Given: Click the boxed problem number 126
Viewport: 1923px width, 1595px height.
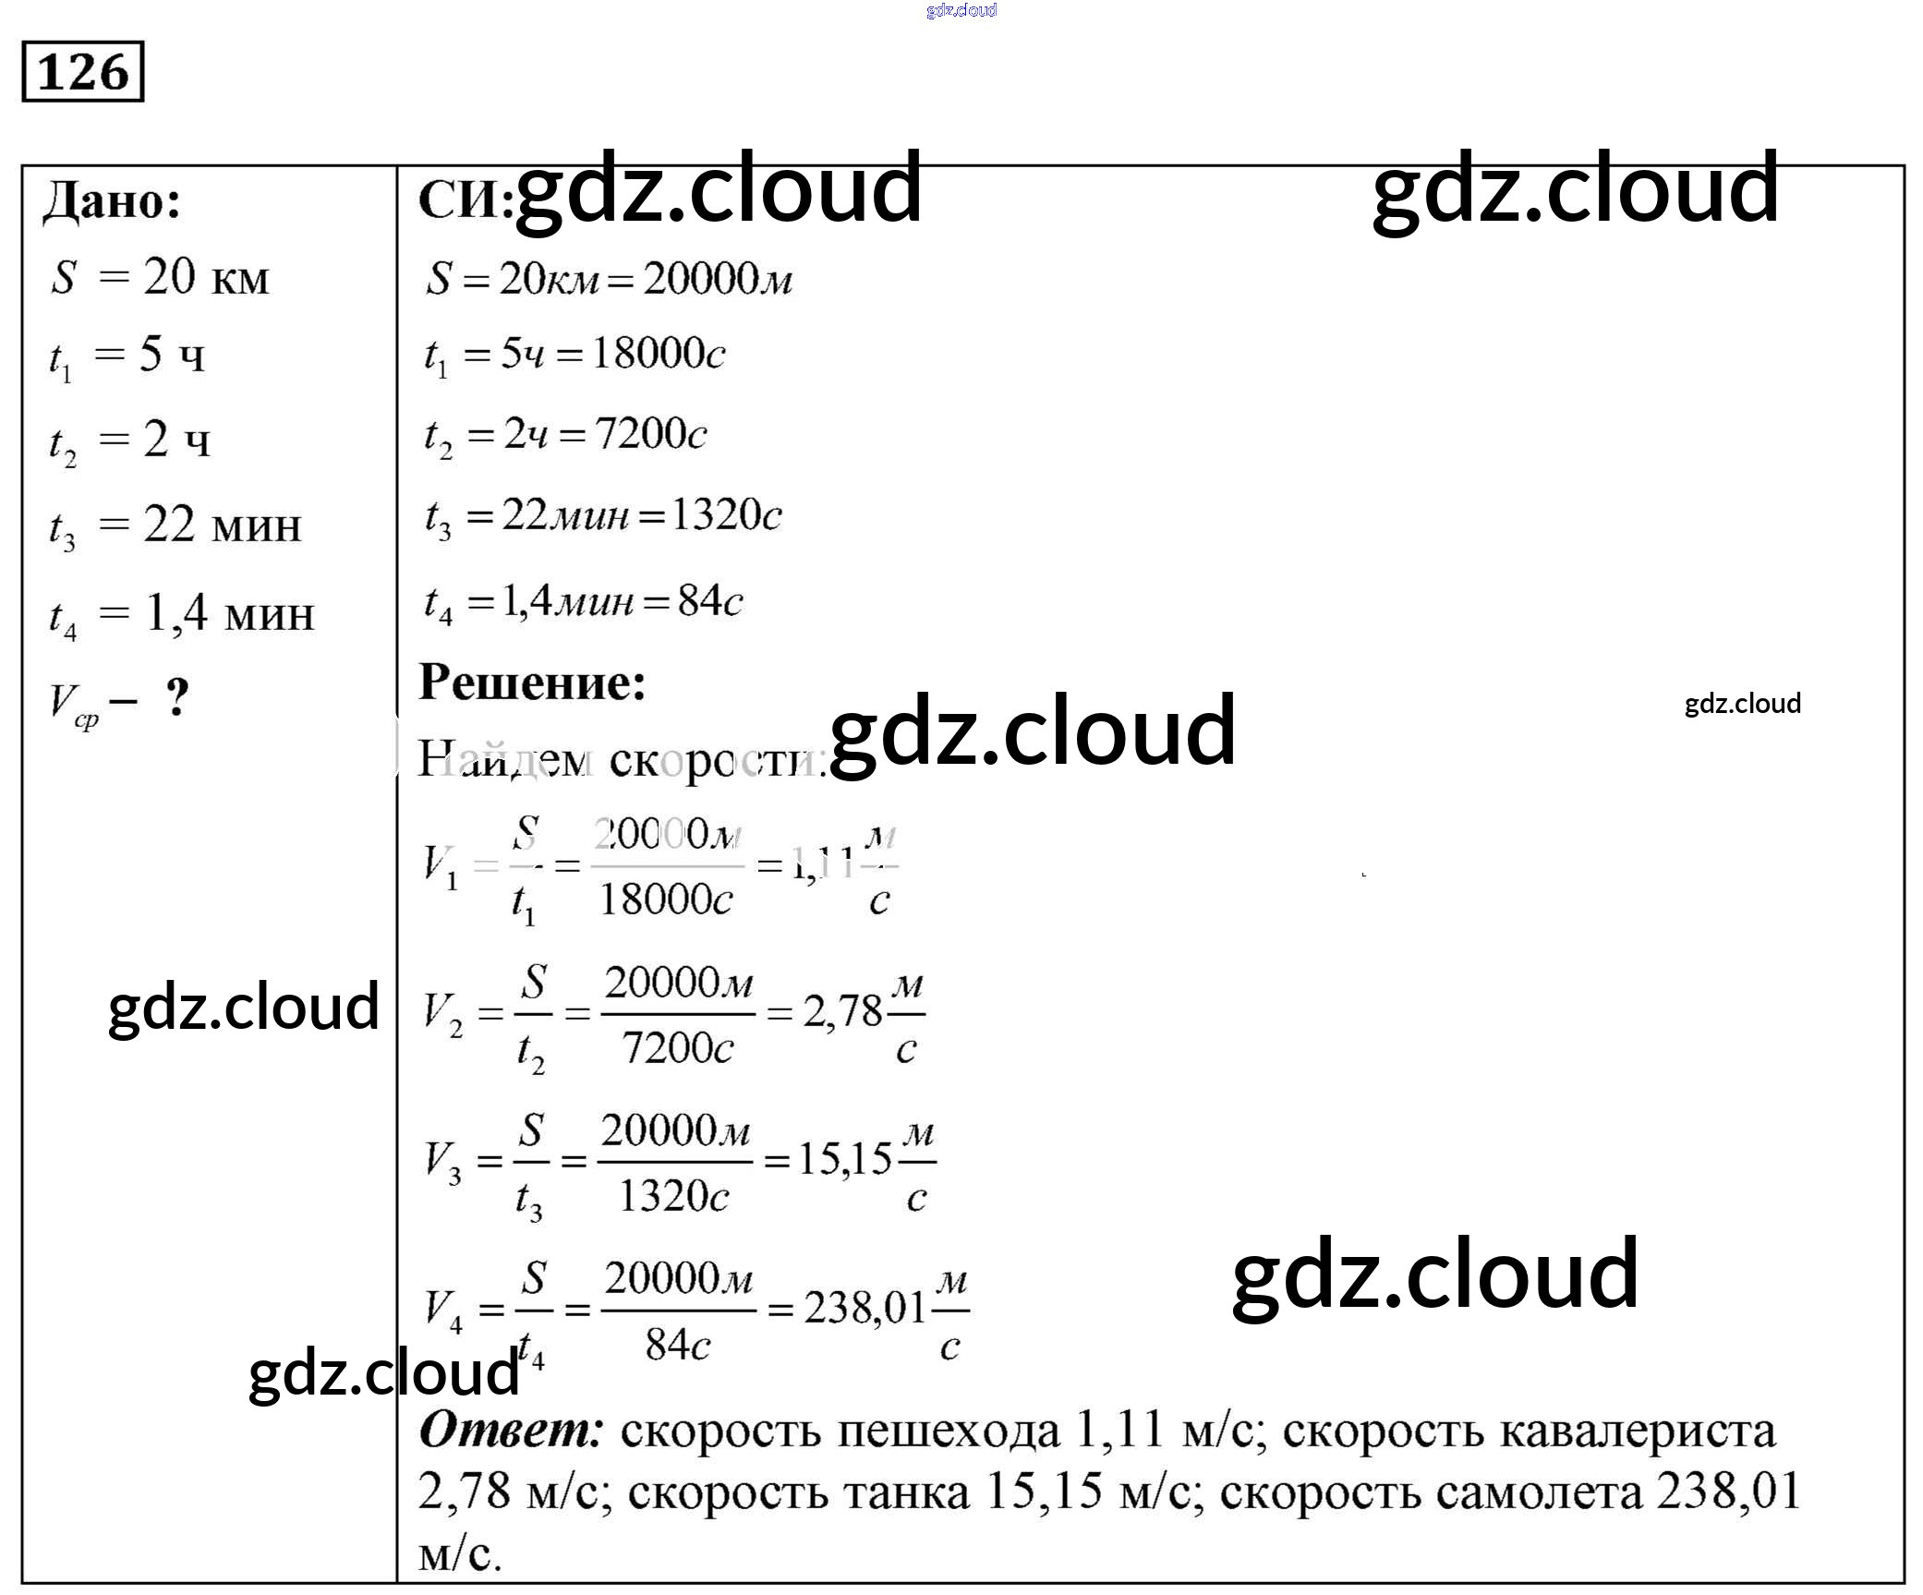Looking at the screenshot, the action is [x=82, y=71].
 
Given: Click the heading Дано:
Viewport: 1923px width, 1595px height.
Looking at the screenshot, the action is [x=112, y=199].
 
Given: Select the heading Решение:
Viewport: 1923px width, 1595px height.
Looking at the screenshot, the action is [x=531, y=683].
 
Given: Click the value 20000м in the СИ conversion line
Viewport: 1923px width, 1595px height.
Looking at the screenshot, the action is [x=717, y=278].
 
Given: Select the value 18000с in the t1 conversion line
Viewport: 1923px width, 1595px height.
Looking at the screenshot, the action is [x=658, y=353].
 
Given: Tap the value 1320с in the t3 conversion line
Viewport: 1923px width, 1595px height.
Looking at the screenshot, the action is [x=726, y=514].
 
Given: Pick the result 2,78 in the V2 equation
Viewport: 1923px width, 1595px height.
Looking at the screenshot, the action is [x=842, y=1012].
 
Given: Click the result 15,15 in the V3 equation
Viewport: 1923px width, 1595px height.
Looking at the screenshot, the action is [x=844, y=1159].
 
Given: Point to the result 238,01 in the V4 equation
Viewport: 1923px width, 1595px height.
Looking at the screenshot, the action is [x=864, y=1307].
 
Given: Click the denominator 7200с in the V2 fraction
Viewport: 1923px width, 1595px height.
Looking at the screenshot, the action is [x=677, y=1048].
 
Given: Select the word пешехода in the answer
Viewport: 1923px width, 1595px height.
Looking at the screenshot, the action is [x=949, y=1432].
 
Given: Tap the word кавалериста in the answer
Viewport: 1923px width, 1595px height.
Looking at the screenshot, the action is [x=1528, y=1432].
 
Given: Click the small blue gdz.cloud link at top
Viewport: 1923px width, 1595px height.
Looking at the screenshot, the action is [x=961, y=10].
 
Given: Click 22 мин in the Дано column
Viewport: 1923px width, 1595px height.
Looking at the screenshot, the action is [x=222, y=526].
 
